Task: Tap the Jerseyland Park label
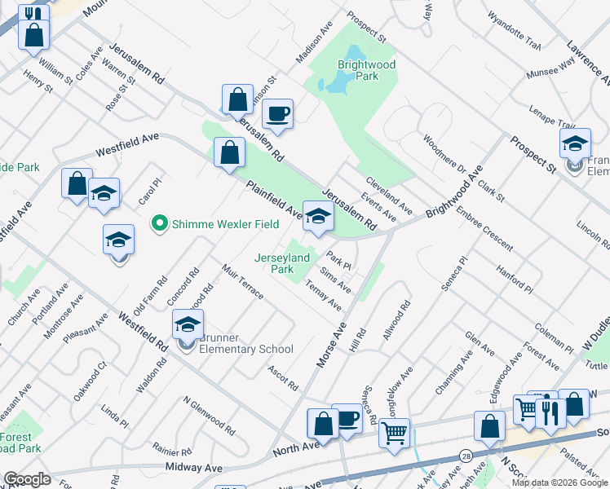[282, 262]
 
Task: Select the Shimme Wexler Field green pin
[160, 222]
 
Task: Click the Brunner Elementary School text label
[242, 350]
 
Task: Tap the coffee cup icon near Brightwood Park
[277, 114]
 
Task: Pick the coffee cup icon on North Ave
[347, 419]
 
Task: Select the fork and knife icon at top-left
[33, 14]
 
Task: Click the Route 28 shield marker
[466, 454]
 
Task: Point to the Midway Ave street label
[194, 468]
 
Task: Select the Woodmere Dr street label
[444, 153]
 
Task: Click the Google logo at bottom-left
[27, 479]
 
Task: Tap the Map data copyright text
[559, 482]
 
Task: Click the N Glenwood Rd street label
[210, 415]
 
